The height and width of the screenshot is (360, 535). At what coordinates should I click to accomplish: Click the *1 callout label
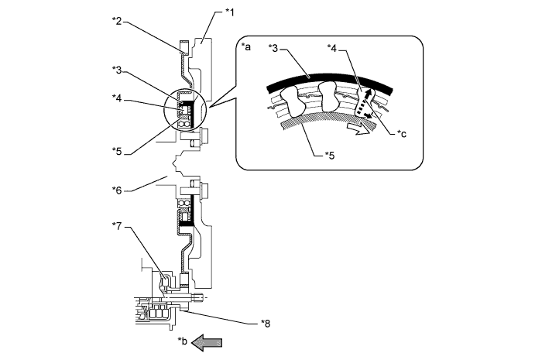click(x=230, y=12)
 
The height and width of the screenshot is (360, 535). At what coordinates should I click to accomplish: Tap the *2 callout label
click(x=117, y=21)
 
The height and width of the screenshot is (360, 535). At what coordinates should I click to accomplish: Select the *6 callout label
click(x=117, y=190)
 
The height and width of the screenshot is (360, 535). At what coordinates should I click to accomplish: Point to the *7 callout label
click(x=117, y=225)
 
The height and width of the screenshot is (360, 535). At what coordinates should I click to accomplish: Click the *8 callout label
click(x=266, y=323)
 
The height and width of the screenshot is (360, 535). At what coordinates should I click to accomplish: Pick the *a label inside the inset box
click(x=245, y=46)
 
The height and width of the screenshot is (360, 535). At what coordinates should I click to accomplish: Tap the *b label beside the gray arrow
click(x=183, y=341)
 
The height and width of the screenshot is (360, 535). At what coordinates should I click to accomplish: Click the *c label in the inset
click(x=402, y=133)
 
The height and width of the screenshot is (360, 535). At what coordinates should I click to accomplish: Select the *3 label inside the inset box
click(x=273, y=48)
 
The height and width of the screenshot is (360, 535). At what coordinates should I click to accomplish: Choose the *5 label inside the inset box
click(x=330, y=156)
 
